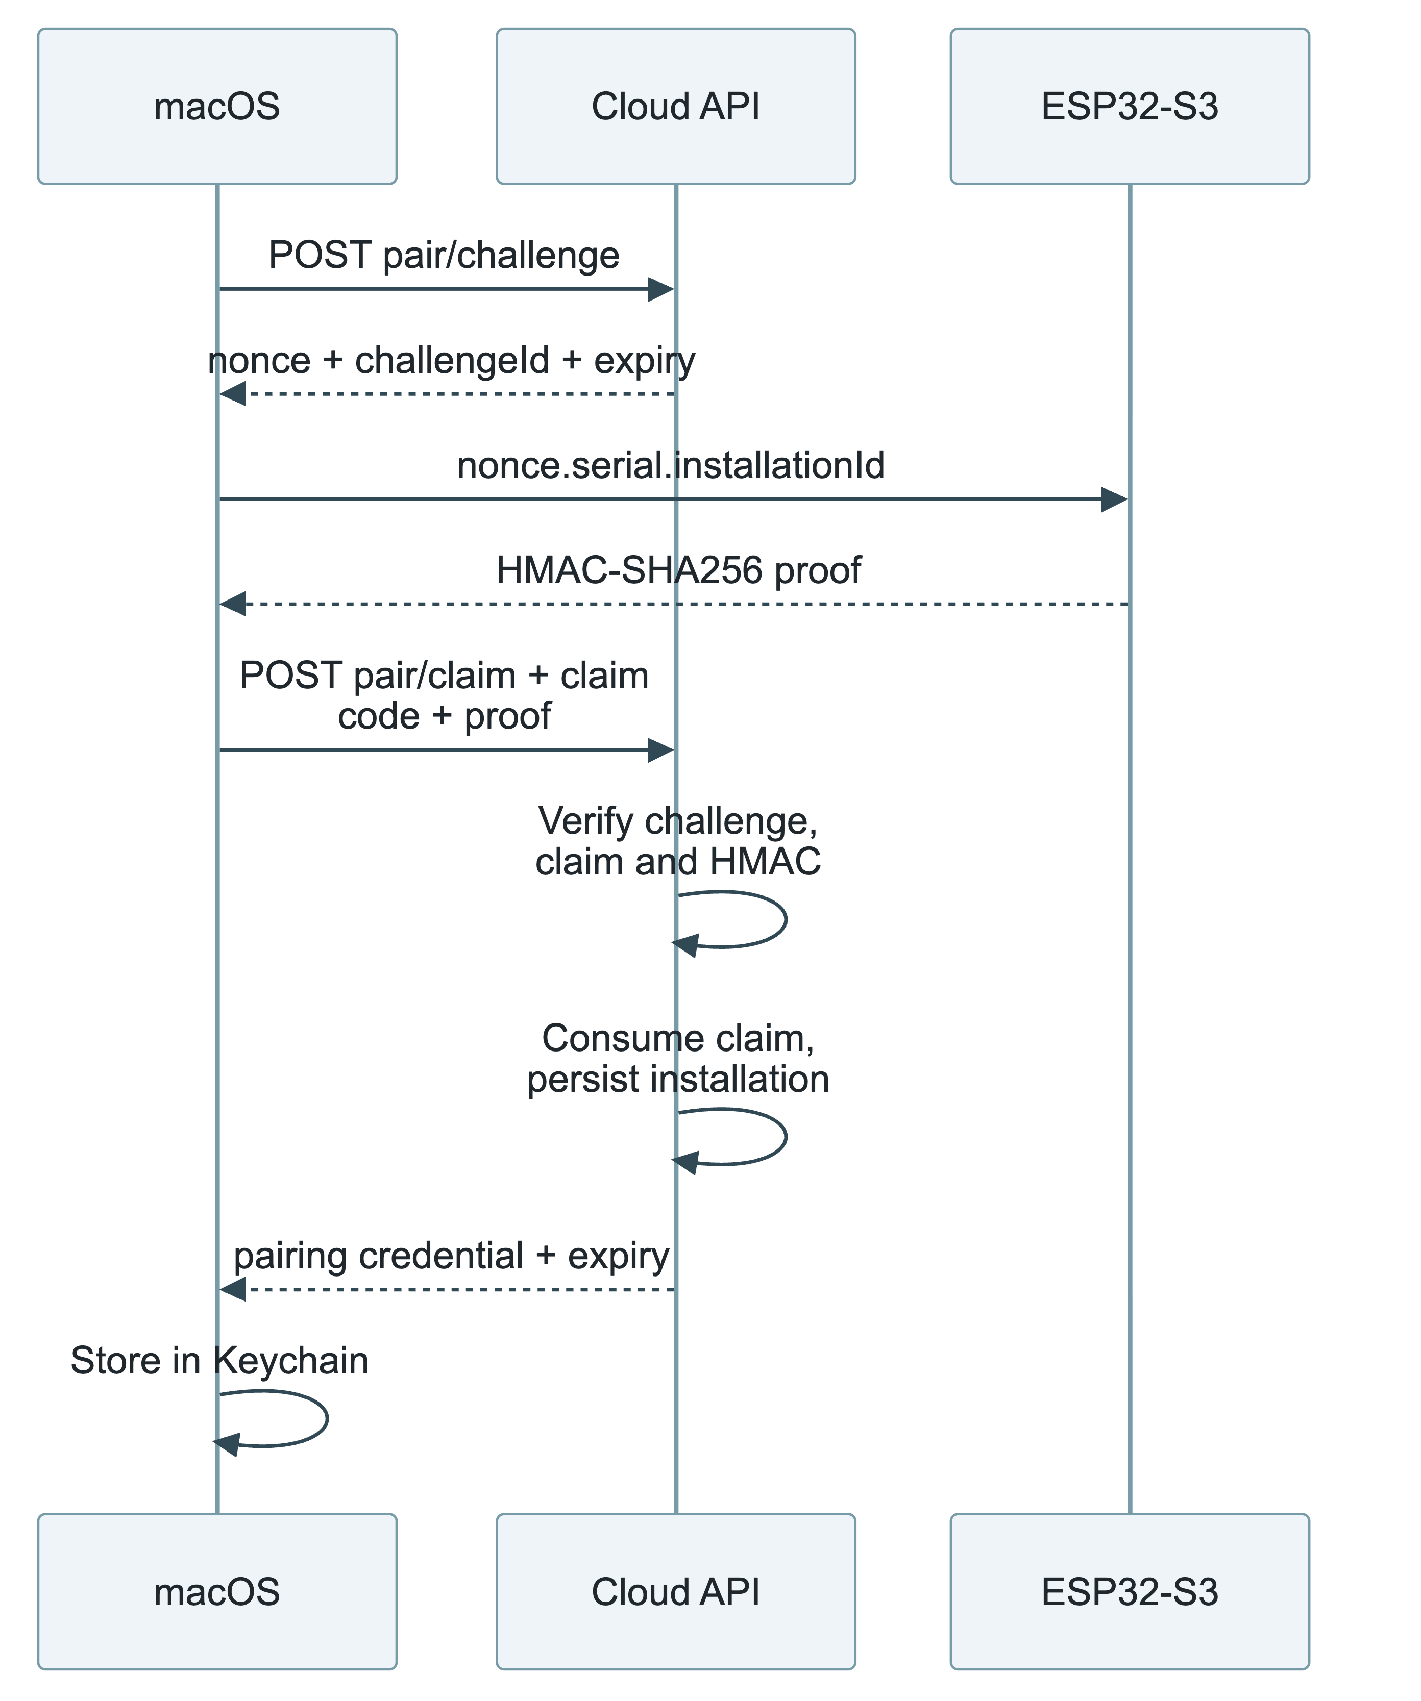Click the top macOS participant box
(217, 106)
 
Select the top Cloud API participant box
(676, 106)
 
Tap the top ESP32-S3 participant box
(1130, 106)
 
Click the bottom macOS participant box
(217, 1592)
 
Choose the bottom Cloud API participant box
(676, 1592)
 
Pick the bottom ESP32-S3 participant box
(1130, 1592)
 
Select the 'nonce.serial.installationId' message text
(671, 466)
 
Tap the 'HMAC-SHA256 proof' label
(679, 570)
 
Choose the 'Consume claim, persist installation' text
(678, 1059)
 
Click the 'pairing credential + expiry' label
(451, 1256)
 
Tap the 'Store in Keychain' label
(219, 1361)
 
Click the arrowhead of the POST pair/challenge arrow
(661, 289)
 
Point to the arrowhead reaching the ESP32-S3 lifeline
(1115, 500)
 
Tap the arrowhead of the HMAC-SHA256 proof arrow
(233, 604)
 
